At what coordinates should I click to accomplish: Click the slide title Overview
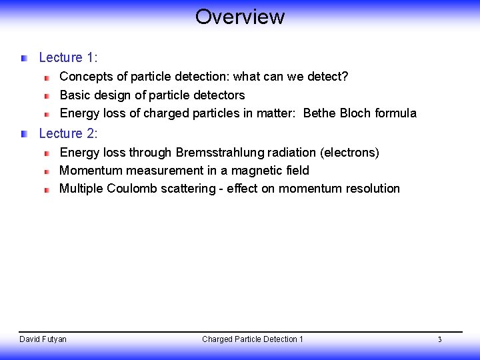pyautogui.click(x=240, y=17)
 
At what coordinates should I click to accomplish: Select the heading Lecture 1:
pyautogui.click(x=68, y=58)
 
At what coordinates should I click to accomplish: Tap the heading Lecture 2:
pyautogui.click(x=68, y=134)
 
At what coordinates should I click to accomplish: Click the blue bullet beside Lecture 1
pyautogui.click(x=24, y=59)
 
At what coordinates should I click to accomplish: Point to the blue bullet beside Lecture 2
pyautogui.click(x=24, y=134)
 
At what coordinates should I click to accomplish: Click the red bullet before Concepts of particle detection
pyautogui.click(x=47, y=77)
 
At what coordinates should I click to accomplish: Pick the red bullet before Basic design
pyautogui.click(x=47, y=96)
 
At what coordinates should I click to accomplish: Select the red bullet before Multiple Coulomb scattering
pyautogui.click(x=47, y=189)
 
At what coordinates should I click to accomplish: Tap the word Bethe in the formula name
pyautogui.click(x=319, y=113)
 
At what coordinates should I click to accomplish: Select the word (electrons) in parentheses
pyautogui.click(x=349, y=153)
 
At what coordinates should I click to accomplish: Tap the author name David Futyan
pyautogui.click(x=43, y=339)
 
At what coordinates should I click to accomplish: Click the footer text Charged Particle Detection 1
pyautogui.click(x=253, y=339)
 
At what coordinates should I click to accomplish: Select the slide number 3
pyautogui.click(x=439, y=340)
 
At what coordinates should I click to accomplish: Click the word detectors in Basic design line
pyautogui.click(x=218, y=95)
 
